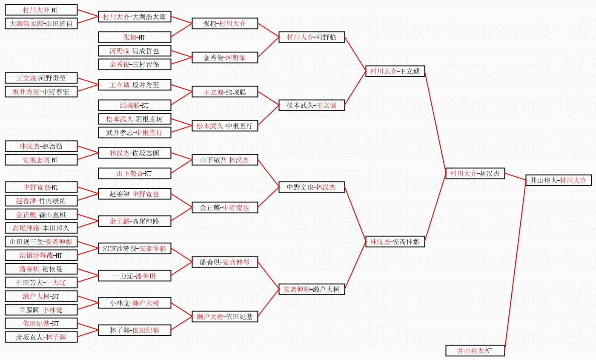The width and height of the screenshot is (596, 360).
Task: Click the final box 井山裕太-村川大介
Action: tap(558, 180)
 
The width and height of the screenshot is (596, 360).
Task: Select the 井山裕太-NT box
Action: tap(475, 351)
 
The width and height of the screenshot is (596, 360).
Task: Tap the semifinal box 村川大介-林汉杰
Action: tap(475, 173)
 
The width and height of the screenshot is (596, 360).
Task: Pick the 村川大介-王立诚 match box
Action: tap(395, 71)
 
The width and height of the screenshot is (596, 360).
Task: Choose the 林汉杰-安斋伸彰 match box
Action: tap(395, 242)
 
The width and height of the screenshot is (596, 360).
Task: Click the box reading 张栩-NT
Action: tap(135, 37)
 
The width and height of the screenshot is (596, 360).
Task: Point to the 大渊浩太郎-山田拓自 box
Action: tap(41, 23)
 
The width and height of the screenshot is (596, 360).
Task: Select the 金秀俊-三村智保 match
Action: tap(135, 64)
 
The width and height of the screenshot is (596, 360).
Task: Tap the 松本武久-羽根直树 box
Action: tap(135, 119)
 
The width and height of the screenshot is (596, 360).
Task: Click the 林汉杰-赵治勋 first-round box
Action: tap(41, 146)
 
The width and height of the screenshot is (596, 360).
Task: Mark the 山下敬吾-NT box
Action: tap(135, 173)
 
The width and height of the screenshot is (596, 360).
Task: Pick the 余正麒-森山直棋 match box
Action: tap(41, 214)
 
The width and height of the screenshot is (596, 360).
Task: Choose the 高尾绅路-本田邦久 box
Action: tap(41, 228)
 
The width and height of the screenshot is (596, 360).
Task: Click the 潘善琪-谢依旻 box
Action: tap(41, 269)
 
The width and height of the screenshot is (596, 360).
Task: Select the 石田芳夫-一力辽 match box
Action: tap(41, 282)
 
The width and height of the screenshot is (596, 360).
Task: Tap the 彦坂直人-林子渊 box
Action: tap(41, 337)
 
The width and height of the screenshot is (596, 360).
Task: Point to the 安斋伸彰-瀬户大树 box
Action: tap(311, 289)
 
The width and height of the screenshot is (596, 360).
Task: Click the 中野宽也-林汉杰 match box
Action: tap(311, 187)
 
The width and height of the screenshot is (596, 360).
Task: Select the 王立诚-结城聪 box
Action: tap(224, 92)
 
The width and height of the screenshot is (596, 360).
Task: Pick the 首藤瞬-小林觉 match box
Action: tap(41, 310)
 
